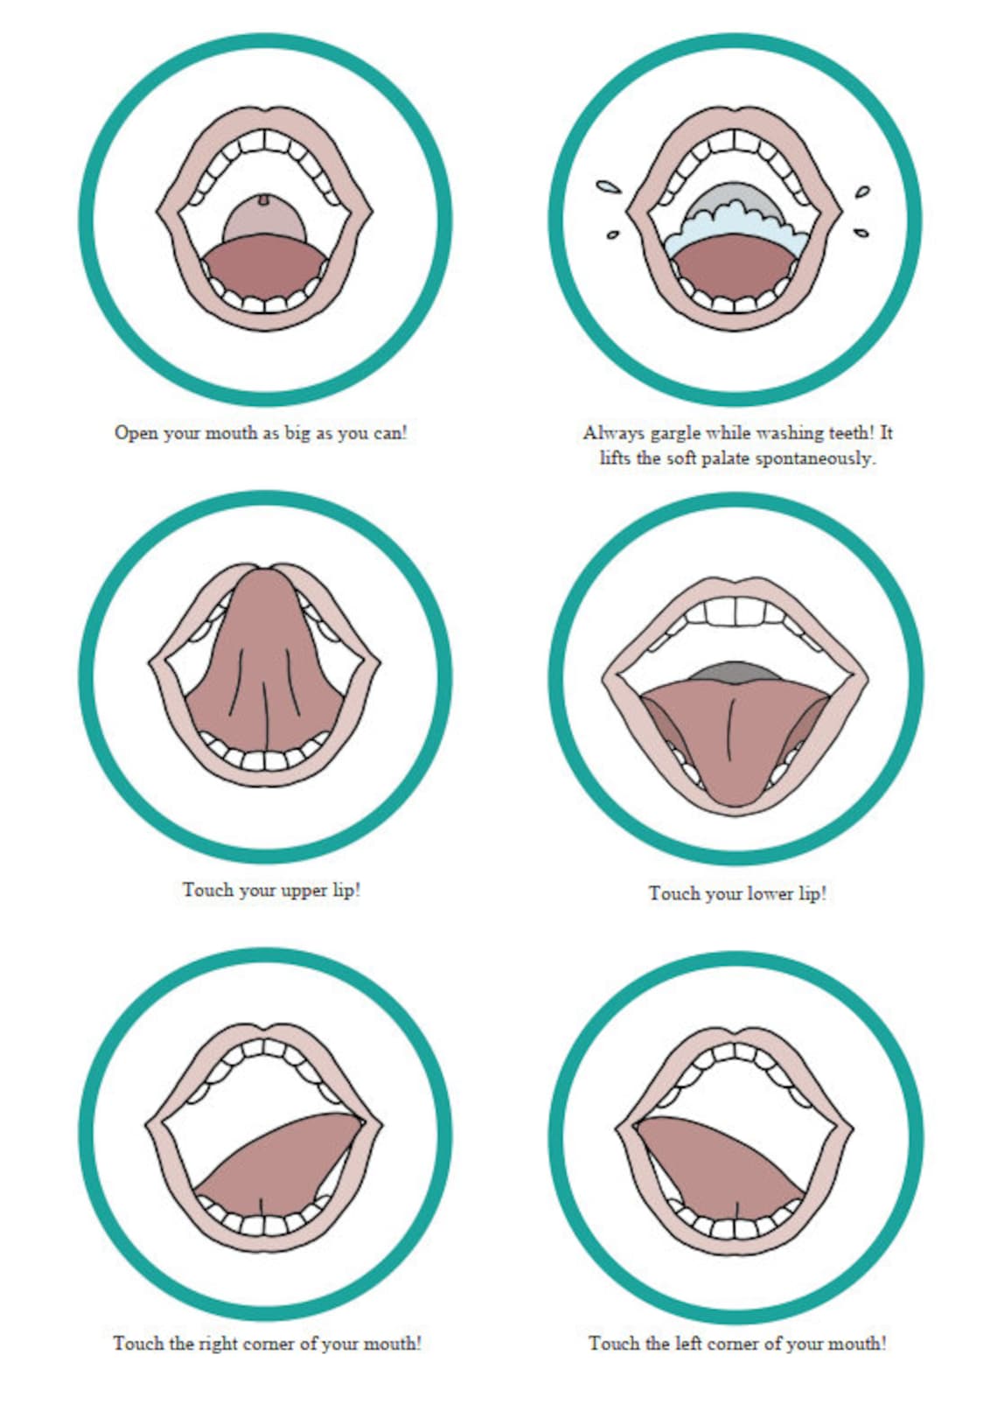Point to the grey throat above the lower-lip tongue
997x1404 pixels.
[x=735, y=672]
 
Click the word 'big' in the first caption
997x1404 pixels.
[x=296, y=434]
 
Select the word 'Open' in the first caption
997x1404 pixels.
[x=136, y=434]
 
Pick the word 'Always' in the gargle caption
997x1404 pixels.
[x=613, y=433]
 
